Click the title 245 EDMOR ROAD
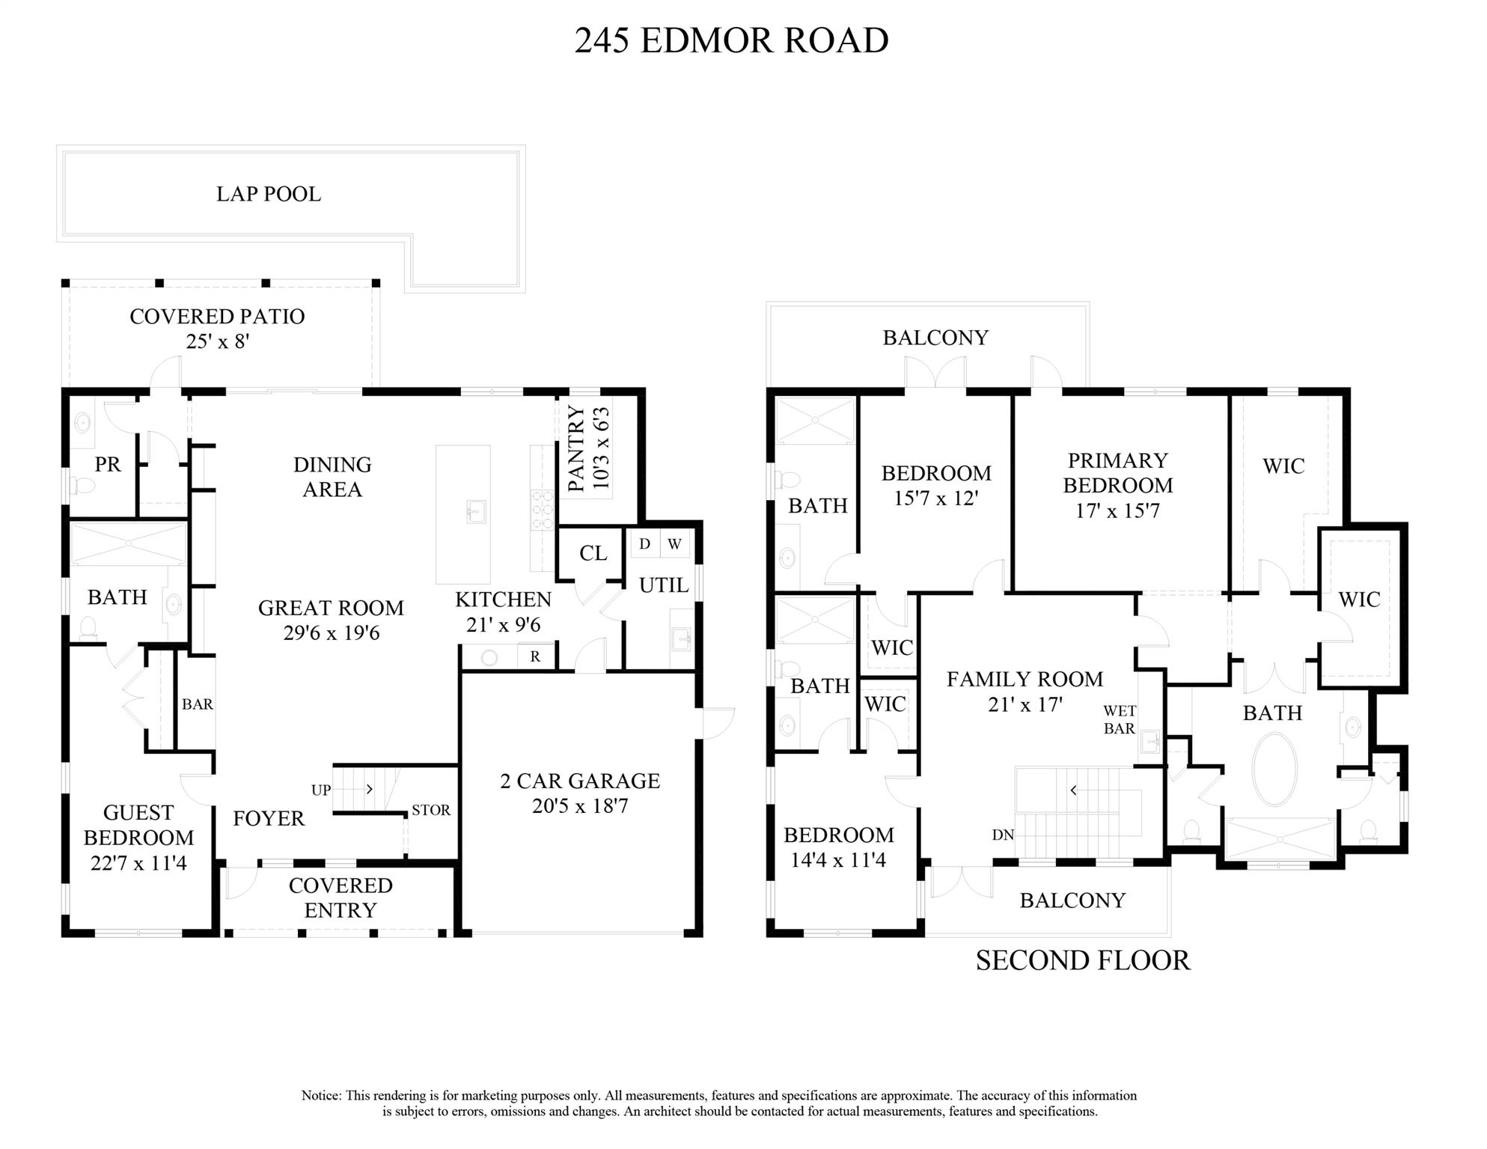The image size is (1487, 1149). pyautogui.click(x=731, y=40)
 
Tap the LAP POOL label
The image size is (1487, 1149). pyautogui.click(x=269, y=194)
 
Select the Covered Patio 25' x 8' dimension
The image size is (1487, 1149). pyautogui.click(x=217, y=341)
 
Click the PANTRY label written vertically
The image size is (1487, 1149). pyautogui.click(x=576, y=449)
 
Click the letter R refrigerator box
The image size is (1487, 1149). pyautogui.click(x=536, y=656)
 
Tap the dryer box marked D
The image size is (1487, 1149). pyautogui.click(x=644, y=544)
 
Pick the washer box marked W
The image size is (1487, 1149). pyautogui.click(x=674, y=544)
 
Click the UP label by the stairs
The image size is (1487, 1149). pyautogui.click(x=321, y=790)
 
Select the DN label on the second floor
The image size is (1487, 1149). pyautogui.click(x=1003, y=835)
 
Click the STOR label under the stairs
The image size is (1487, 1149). pyautogui.click(x=431, y=810)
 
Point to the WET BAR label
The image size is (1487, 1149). pyautogui.click(x=1120, y=719)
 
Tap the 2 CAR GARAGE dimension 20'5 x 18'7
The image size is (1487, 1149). pyautogui.click(x=580, y=806)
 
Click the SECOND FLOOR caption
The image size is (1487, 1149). pyautogui.click(x=1083, y=960)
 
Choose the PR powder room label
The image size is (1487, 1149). pyautogui.click(x=108, y=464)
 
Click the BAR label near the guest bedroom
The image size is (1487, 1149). pyautogui.click(x=198, y=704)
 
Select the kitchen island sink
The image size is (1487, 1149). pyautogui.click(x=475, y=512)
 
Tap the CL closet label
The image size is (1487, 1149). pyautogui.click(x=593, y=553)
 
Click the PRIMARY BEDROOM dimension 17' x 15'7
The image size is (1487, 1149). pyautogui.click(x=1117, y=511)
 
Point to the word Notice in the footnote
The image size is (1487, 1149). pyautogui.click(x=321, y=1096)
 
